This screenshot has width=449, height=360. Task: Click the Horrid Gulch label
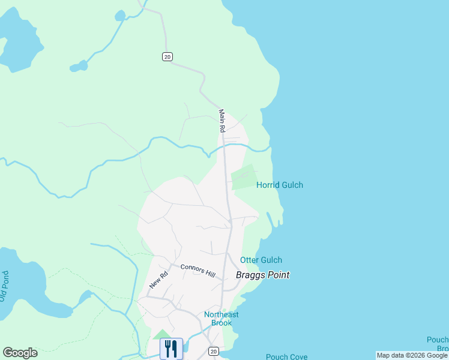(x=279, y=185)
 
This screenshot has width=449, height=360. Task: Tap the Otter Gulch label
(x=261, y=260)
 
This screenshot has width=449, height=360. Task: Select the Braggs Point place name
(x=262, y=275)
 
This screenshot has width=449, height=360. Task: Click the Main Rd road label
(x=221, y=121)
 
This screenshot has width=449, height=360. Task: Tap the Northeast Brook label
(x=221, y=319)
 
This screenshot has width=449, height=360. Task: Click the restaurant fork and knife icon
(x=171, y=348)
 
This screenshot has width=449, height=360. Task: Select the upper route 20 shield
(x=167, y=56)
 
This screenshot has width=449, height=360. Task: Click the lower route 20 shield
(x=214, y=351)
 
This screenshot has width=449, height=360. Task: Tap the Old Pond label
(x=5, y=286)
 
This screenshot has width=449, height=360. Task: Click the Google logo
(x=20, y=353)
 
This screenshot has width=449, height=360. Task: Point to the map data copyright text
(x=412, y=355)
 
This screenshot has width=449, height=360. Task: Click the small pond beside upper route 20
(x=78, y=66)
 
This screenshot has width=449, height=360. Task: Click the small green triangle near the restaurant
(x=161, y=334)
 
